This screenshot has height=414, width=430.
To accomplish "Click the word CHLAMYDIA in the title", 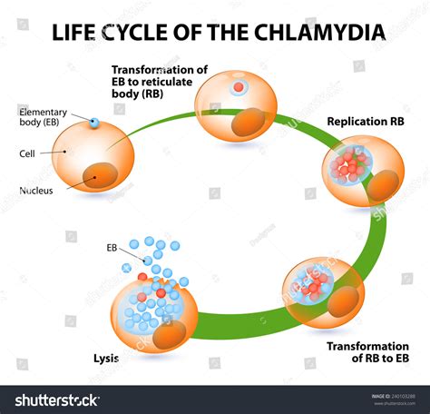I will coord(322,33).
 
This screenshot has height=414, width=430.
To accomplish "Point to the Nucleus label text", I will coord(36,190).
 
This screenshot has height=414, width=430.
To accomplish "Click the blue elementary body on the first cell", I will coord(93,123).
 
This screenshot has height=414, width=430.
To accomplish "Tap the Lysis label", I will coord(105,358).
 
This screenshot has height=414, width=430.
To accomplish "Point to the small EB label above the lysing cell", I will coord(113,246).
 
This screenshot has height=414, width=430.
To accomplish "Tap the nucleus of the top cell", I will coord(248,124).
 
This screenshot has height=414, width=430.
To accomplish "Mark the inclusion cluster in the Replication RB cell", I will coord(348,164).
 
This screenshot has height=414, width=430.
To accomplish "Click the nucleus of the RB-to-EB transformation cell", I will coord(342,302).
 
